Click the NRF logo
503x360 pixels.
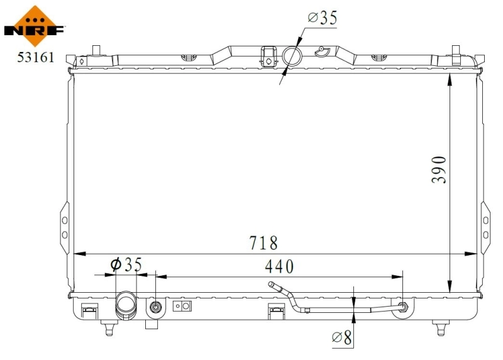pos(35,25)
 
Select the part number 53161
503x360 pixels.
pos(35,58)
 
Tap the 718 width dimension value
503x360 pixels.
pos(262,242)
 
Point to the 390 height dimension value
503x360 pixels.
pos(439,169)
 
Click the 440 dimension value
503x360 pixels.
pos(279,266)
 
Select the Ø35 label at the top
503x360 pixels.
pos(322,18)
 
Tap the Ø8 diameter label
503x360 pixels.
pos(343,339)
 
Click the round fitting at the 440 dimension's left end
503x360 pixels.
pos(155,307)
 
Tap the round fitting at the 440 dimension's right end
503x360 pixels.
pos(402,307)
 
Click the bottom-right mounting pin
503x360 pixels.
pos(441,326)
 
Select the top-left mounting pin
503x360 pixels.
pos(96,50)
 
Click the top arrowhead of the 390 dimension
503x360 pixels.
pos(450,77)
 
